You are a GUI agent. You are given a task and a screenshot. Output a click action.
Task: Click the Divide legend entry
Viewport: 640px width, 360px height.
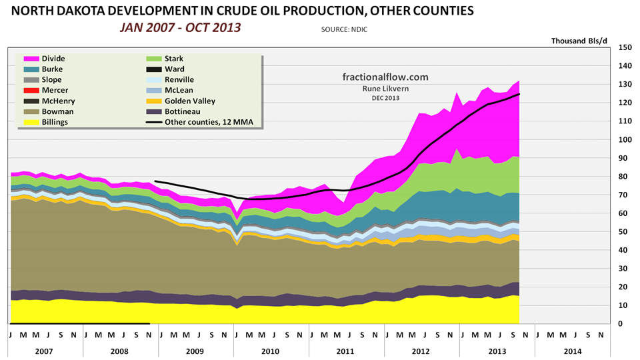[x=53, y=59]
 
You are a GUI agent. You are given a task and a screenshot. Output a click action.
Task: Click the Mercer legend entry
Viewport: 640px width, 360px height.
[x=55, y=91]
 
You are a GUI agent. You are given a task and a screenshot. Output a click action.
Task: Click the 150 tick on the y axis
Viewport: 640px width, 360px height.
[x=625, y=48]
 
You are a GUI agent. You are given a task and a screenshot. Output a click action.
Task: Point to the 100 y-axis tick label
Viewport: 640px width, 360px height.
[x=625, y=140]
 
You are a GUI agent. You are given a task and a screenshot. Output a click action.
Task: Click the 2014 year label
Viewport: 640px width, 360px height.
[x=571, y=350]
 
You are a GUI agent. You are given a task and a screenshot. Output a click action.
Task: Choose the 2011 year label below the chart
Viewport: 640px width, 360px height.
[x=346, y=350]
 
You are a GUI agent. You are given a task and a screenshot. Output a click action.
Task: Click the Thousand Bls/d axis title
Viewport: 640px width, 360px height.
[x=579, y=41]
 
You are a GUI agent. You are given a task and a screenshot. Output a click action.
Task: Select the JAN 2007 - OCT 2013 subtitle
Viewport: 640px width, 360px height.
[x=180, y=28]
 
